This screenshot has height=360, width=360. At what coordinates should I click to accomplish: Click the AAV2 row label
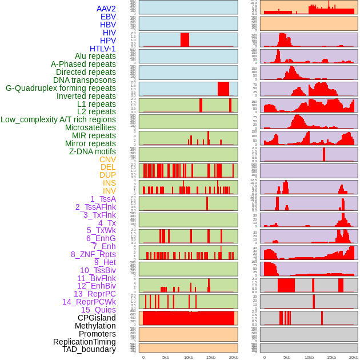[106, 9]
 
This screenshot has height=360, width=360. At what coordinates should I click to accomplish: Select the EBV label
[107, 17]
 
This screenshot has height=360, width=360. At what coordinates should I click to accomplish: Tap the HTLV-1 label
[102, 49]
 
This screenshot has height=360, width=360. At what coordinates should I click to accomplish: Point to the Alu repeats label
[95, 56]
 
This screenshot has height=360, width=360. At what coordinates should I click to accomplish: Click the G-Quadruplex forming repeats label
[61, 88]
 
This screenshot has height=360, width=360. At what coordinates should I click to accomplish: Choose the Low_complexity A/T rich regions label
[58, 119]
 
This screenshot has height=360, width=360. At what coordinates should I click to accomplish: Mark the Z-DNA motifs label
[92, 151]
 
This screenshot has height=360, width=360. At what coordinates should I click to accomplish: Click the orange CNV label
[107, 159]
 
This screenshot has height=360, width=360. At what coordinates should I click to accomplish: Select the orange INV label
[109, 191]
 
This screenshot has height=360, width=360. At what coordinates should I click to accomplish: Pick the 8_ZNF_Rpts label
[93, 254]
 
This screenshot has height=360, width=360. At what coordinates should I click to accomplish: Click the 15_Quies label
[98, 310]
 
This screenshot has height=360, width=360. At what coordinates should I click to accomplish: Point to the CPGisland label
[97, 318]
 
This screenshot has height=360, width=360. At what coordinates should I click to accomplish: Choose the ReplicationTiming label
[84, 342]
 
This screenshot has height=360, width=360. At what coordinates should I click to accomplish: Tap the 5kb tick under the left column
[166, 357]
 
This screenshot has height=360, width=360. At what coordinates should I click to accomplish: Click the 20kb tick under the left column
[233, 357]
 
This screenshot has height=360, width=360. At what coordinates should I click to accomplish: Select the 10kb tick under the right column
[309, 357]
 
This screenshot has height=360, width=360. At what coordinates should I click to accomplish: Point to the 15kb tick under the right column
[331, 357]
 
